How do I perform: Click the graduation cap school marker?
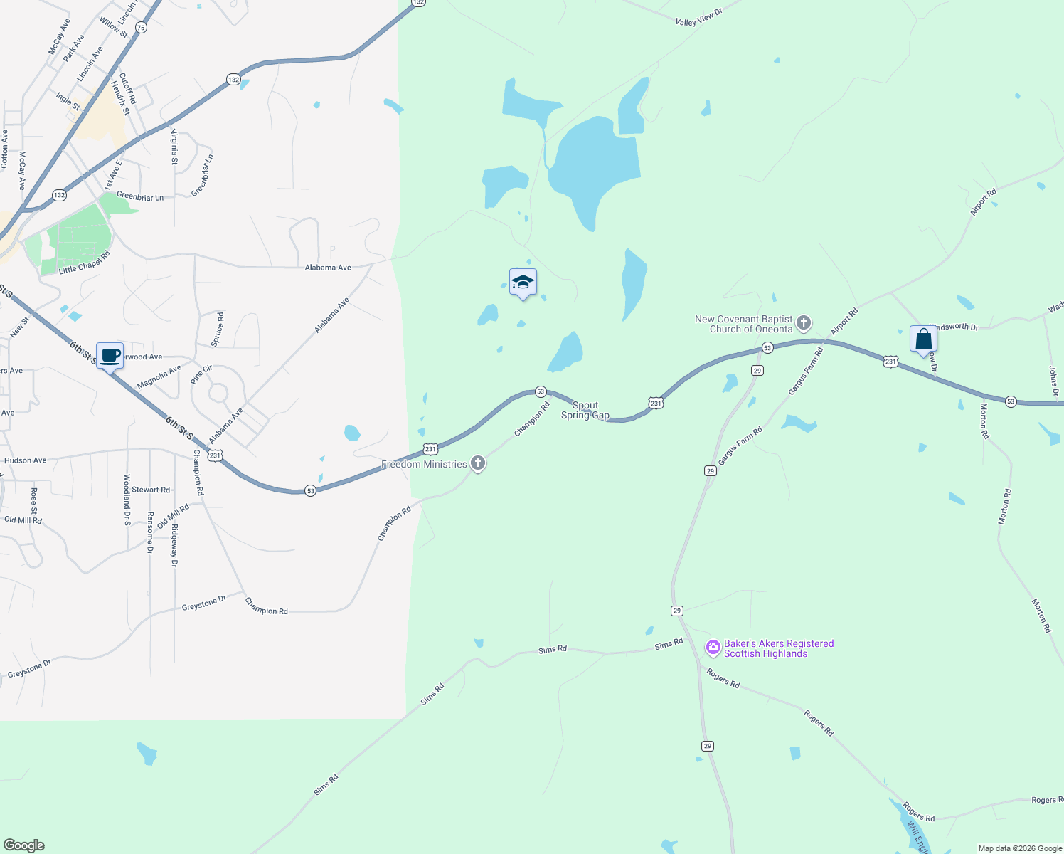click(523, 283)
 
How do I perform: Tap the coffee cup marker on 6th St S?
click(110, 356)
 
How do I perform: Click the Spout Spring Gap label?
click(585, 410)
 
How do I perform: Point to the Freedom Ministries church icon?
click(478, 464)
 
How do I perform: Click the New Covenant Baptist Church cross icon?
click(804, 324)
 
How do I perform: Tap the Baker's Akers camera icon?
click(713, 648)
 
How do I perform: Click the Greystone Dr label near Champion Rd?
click(203, 603)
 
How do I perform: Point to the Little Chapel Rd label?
click(84, 263)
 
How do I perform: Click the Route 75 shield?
click(141, 28)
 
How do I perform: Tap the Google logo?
click(24, 845)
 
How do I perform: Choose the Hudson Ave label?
click(25, 460)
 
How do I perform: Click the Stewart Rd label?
click(151, 490)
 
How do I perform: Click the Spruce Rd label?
click(218, 330)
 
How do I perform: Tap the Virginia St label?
click(174, 147)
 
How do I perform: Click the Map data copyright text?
click(1020, 848)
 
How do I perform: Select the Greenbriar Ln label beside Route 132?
click(140, 197)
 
